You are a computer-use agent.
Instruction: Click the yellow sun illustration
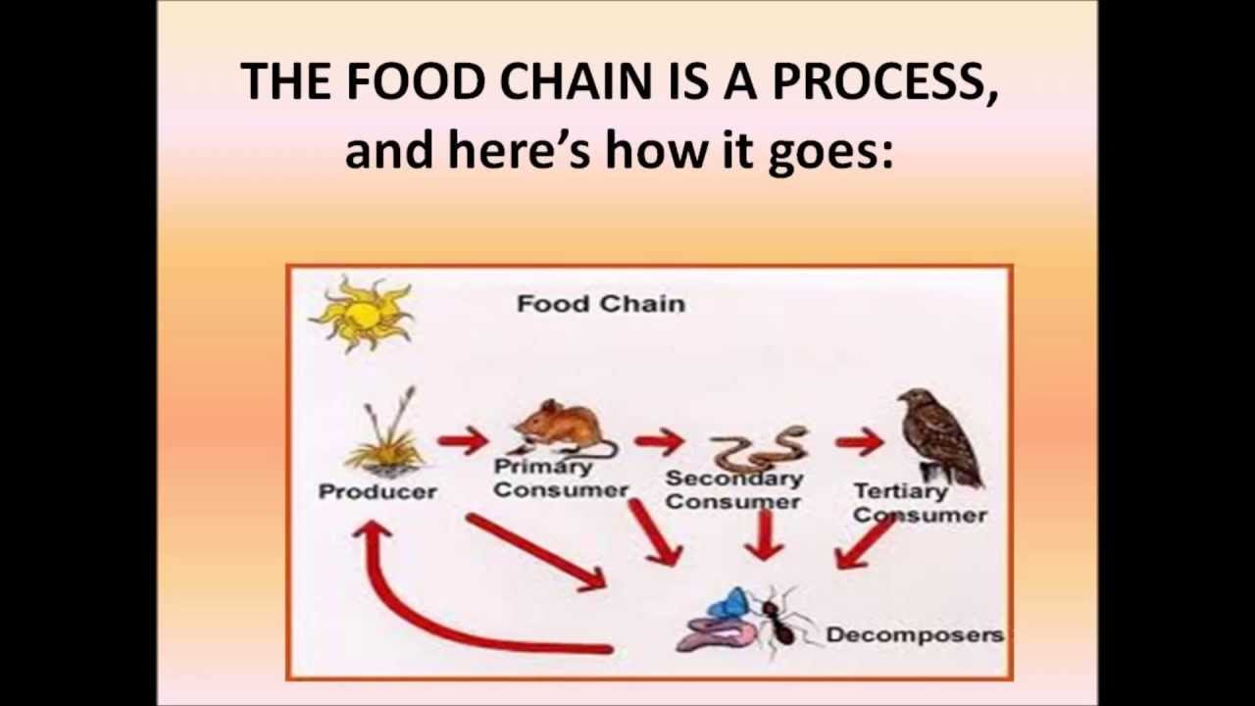pyautogui.click(x=361, y=314)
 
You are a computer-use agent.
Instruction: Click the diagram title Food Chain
pyautogui.click(x=600, y=304)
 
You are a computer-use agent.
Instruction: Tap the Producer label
pyautogui.click(x=377, y=491)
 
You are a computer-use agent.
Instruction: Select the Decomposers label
pyautogui.click(x=914, y=634)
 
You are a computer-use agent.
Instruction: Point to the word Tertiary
pyautogui.click(x=900, y=490)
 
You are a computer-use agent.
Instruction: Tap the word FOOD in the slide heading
pyautogui.click(x=416, y=81)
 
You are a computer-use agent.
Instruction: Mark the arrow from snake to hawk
pyautogui.click(x=860, y=441)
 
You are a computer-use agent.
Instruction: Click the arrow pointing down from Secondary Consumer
pyautogui.click(x=765, y=535)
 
